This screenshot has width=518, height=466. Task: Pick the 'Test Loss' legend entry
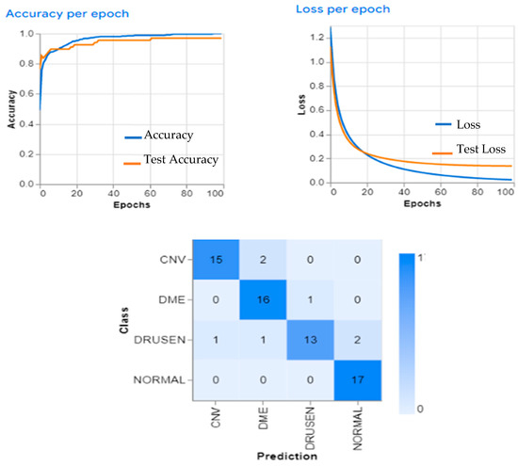tap(469, 149)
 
